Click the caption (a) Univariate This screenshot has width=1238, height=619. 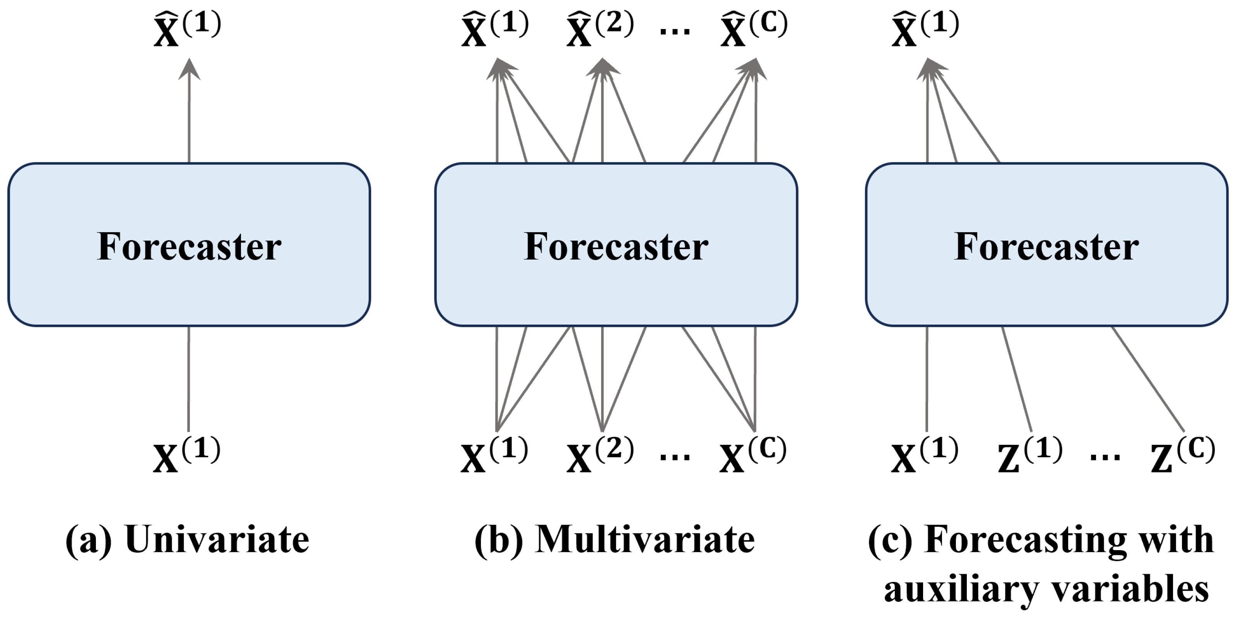tap(187, 540)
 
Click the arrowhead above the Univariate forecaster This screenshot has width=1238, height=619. tap(189, 70)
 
